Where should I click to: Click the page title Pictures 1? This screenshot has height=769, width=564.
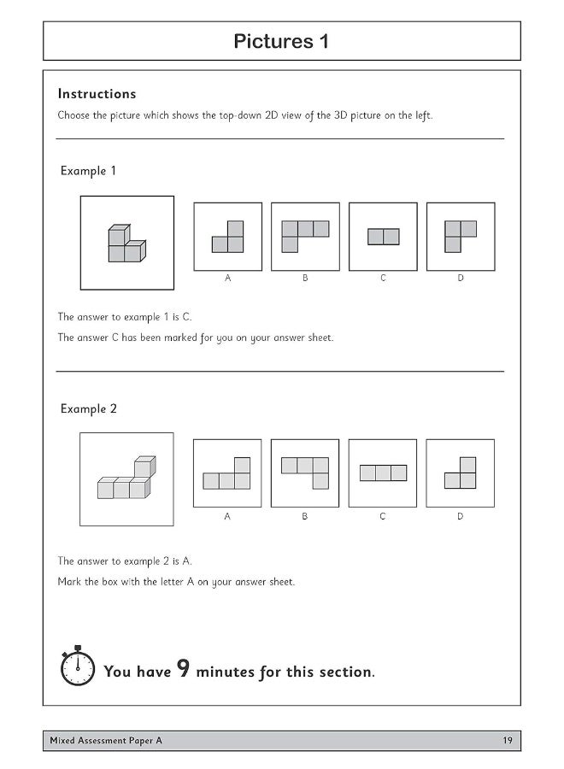(x=281, y=42)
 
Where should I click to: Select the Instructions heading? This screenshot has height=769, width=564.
(x=97, y=94)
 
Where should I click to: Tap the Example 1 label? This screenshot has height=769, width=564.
(x=88, y=171)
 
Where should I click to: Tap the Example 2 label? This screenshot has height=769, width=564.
(x=88, y=409)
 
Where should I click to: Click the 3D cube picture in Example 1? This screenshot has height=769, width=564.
(x=126, y=244)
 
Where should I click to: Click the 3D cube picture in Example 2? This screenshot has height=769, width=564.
(x=126, y=479)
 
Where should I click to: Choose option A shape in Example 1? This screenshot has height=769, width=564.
(x=228, y=237)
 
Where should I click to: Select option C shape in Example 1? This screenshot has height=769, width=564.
(x=383, y=237)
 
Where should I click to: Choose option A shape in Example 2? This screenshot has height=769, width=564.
(x=227, y=473)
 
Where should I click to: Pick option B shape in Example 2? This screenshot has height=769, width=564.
(x=305, y=473)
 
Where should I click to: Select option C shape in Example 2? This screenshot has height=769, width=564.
(x=383, y=473)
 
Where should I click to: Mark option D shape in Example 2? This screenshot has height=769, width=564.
(x=461, y=473)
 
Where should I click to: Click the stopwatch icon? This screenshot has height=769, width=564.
(x=78, y=666)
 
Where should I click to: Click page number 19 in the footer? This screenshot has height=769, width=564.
(x=508, y=741)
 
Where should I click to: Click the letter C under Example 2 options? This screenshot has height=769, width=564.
(x=383, y=516)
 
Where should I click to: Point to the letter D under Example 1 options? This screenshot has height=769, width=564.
(x=461, y=279)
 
